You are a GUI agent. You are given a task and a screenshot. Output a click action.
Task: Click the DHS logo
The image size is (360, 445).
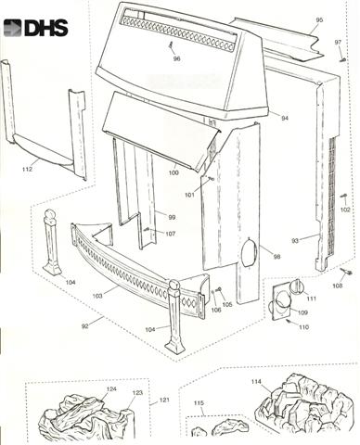pyautogui.click(x=35, y=28)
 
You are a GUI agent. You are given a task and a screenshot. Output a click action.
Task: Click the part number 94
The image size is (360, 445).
pyautogui.click(x=285, y=118)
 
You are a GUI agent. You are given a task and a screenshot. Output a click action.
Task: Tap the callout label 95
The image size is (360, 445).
pyautogui.click(x=319, y=20)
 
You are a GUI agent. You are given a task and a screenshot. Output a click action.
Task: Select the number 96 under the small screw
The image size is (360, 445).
pyautogui.click(x=176, y=58)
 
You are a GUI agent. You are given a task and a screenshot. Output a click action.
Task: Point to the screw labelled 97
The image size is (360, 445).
pyautogui.click(x=343, y=59)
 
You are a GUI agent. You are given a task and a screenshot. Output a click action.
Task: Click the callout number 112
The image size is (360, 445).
pyautogui.click(x=27, y=169)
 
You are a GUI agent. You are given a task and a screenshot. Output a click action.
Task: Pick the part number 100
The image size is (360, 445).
pyautogui.click(x=174, y=172)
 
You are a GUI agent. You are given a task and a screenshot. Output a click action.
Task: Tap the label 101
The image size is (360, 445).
pyautogui.click(x=189, y=195)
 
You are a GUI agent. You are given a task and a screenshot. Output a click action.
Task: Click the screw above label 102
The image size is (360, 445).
pyautogui.click(x=343, y=196)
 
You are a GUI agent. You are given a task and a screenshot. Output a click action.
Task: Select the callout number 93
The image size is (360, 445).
pyautogui.click(x=295, y=240)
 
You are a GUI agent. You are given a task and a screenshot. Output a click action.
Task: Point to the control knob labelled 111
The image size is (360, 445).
pyautogui.click(x=298, y=286)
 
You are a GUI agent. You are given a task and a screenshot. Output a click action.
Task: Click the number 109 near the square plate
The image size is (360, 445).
pyautogui.click(x=302, y=312)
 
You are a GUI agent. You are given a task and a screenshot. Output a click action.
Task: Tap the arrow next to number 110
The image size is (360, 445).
pyautogui.click(x=291, y=323)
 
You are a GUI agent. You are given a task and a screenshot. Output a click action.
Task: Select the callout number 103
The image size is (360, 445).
pyautogui.click(x=97, y=296)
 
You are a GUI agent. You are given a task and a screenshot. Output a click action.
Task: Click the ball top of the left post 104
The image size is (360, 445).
pyautogui.click(x=49, y=215)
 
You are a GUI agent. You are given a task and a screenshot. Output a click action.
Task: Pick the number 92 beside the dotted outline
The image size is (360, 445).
pyautogui.click(x=85, y=326)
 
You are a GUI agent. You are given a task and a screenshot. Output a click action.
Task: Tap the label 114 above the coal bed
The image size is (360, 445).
pyautogui.click(x=256, y=382)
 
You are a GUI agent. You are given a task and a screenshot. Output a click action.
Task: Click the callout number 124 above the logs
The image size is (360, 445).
pyautogui.click(x=111, y=388)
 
